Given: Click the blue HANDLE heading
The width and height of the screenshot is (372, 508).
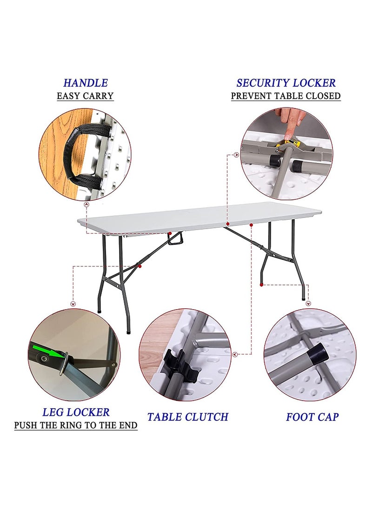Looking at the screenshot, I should (85, 83).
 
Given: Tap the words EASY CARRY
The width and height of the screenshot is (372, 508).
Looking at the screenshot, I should (85, 96).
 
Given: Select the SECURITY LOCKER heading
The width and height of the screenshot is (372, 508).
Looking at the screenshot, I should (286, 83).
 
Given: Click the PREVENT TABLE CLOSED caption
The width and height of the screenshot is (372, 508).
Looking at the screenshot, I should (286, 96).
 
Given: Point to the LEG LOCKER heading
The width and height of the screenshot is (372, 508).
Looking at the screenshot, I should (76, 412).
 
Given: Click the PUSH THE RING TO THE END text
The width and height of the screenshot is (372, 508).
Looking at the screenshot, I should (76, 425).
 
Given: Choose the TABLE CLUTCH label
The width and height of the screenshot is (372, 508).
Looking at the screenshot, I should (188, 417).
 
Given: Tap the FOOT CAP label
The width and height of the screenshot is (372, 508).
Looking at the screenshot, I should (312, 417).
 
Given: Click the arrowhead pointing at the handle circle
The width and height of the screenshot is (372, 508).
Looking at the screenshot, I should (86, 204).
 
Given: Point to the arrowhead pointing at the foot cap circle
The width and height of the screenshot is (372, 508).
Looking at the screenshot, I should (308, 304).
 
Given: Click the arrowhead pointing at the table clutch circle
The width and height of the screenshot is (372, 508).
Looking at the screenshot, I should (235, 354).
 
